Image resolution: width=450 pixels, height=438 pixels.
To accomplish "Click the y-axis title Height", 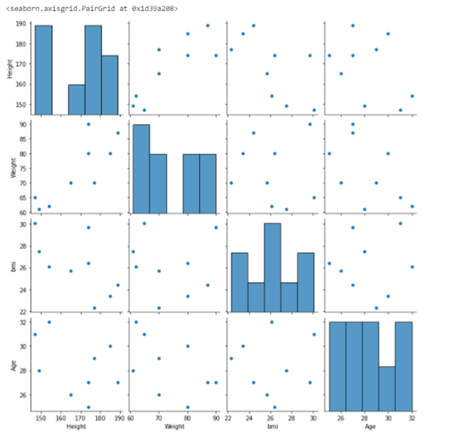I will click(x=8, y=67).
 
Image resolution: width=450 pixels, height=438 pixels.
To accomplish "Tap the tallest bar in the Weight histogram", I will click(x=140, y=167).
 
